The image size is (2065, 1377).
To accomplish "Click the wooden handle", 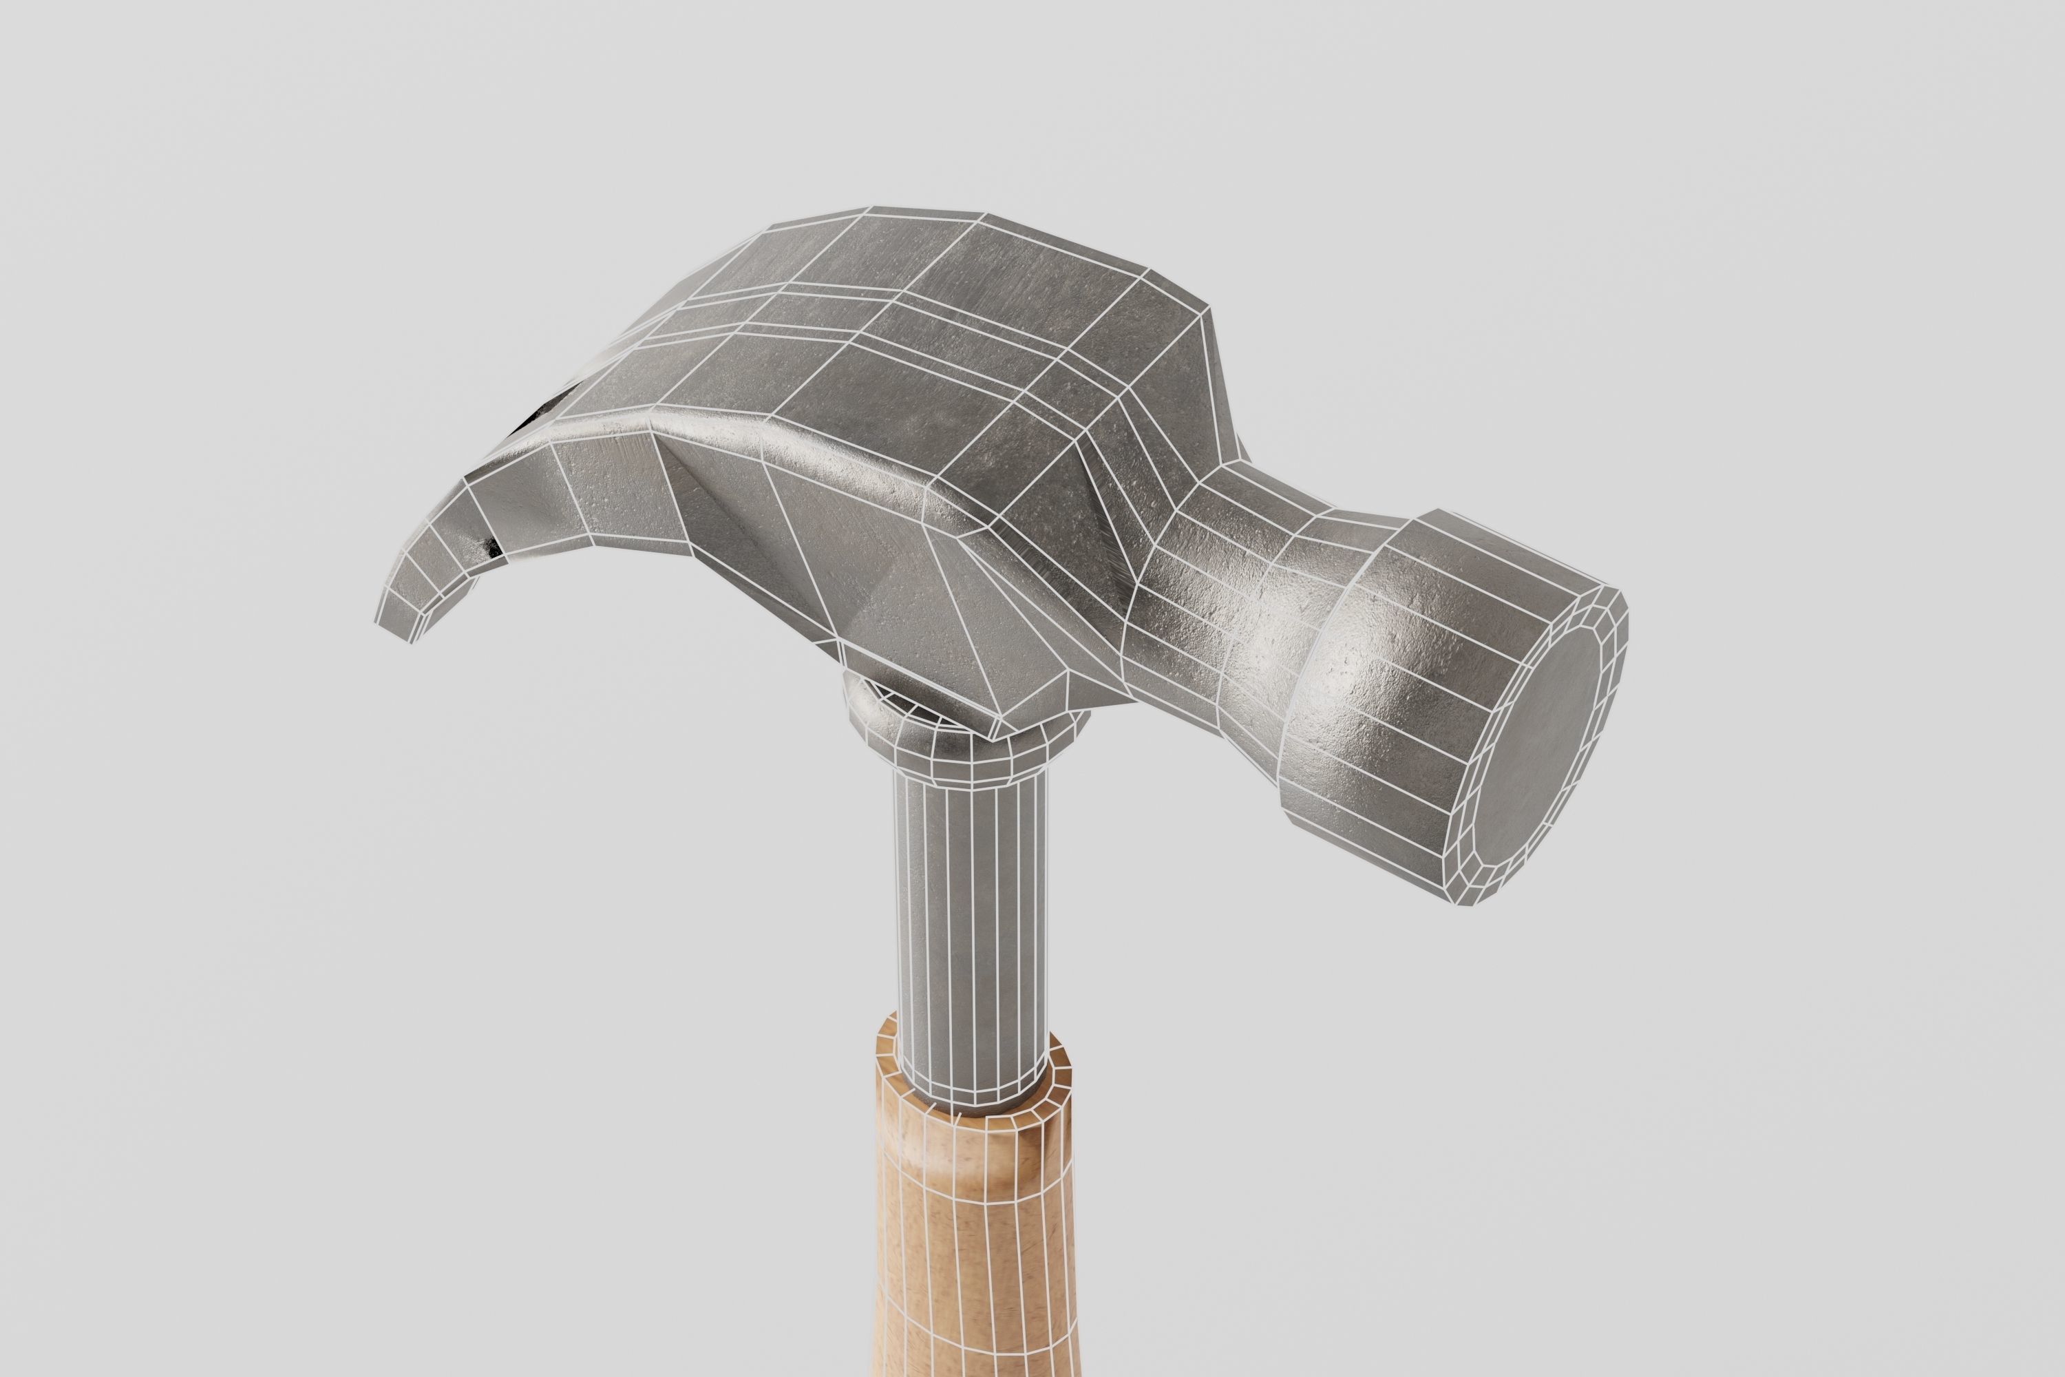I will (x=975, y=1247).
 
